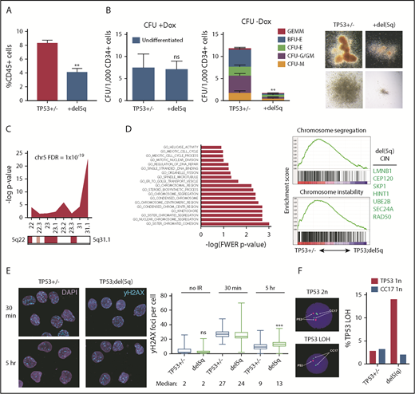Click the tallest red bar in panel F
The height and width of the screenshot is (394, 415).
(x=389, y=329)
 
